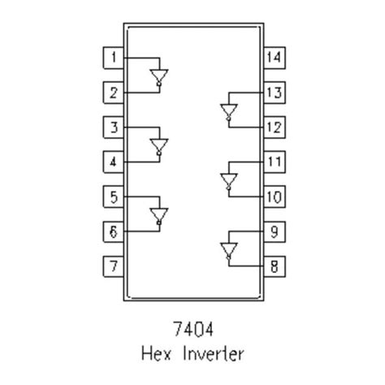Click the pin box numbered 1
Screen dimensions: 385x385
click(114, 58)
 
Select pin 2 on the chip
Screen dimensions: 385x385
click(114, 93)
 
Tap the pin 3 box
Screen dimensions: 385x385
click(114, 128)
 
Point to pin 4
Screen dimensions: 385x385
click(114, 162)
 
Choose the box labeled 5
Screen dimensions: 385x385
click(114, 197)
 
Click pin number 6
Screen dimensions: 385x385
click(114, 231)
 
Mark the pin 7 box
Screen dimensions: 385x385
click(114, 266)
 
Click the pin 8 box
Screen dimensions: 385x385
click(274, 266)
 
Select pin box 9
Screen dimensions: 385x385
click(274, 231)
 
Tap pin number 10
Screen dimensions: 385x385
click(274, 197)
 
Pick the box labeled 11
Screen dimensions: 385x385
click(274, 162)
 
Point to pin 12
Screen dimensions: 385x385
click(274, 128)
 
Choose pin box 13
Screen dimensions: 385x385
click(274, 93)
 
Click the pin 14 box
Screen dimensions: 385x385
click(274, 58)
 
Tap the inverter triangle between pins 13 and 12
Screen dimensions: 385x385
click(228, 110)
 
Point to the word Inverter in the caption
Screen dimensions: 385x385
click(214, 354)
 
